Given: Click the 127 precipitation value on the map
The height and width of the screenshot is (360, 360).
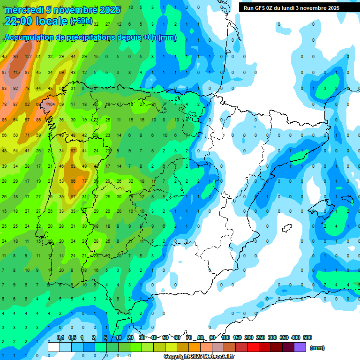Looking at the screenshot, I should click(x=28, y=57).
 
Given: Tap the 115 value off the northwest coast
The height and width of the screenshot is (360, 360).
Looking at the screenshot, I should click(x=16, y=72).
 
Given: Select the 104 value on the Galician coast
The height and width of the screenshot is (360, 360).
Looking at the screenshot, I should click(x=51, y=104).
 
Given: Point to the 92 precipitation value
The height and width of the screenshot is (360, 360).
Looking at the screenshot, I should click(x=16, y=88).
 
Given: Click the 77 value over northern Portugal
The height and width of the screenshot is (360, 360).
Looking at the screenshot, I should click(x=84, y=181).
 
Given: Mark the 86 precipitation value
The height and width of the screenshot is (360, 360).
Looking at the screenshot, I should click(x=16, y=57).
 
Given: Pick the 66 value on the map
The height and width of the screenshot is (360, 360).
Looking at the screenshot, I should click(x=73, y=181).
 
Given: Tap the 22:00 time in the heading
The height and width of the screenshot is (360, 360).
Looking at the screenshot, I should click(x=18, y=21).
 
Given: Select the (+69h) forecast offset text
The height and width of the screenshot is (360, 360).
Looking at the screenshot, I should click(x=82, y=22).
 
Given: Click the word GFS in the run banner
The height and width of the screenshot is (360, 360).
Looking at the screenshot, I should click(x=262, y=8).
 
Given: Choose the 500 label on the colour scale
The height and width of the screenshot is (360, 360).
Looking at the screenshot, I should click(x=307, y=338).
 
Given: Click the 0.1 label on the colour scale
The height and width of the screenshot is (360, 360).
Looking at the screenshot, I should click(x=60, y=338).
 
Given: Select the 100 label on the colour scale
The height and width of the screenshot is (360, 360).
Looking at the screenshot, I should click(x=225, y=338).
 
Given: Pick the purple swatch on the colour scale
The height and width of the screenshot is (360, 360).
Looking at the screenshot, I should click(x=300, y=347).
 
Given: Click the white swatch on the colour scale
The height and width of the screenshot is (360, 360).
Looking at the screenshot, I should click(x=54, y=347).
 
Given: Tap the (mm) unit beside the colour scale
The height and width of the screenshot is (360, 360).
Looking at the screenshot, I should click(x=317, y=348).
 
